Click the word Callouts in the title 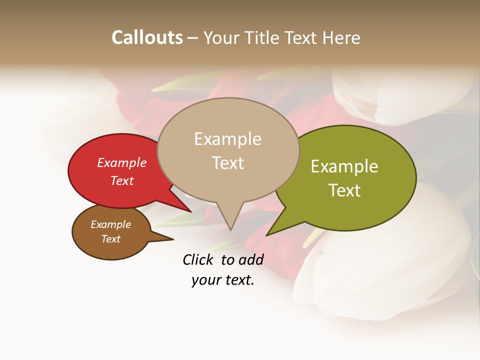[x=147, y=37]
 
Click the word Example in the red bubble [x=122, y=162]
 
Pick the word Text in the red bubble [x=122, y=180]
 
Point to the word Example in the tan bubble [x=227, y=139]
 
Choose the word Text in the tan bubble [x=227, y=163]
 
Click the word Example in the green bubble [x=344, y=166]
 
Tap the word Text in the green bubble [x=344, y=190]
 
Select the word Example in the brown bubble [x=110, y=224]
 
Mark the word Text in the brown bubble [x=110, y=239]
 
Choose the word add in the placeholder [x=250, y=259]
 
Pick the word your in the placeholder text [x=205, y=280]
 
